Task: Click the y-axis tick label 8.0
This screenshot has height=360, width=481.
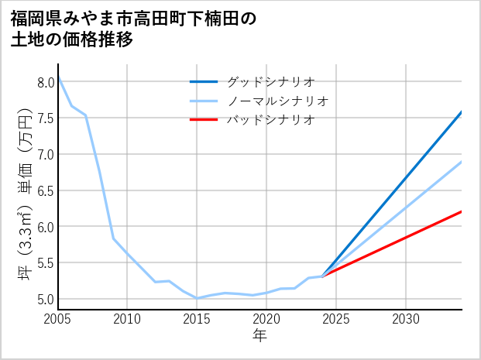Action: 45,82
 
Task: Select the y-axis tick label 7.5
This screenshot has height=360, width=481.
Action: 45,118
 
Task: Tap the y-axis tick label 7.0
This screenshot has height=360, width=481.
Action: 45,154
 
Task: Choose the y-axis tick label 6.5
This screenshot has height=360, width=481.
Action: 45,190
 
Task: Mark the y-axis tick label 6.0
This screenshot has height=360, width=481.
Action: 45,227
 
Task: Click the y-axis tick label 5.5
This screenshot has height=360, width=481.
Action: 45,263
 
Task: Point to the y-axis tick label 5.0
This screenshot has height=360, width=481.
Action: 45,299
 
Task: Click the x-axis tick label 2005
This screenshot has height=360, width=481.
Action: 57,319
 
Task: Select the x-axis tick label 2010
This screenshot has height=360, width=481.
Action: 127,319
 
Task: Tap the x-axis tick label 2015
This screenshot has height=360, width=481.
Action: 197,319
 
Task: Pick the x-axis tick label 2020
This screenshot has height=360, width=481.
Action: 266,319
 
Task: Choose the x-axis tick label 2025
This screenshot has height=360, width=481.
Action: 336,319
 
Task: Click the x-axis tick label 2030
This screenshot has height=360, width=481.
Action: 406,319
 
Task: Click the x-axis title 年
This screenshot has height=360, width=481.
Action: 259,336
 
